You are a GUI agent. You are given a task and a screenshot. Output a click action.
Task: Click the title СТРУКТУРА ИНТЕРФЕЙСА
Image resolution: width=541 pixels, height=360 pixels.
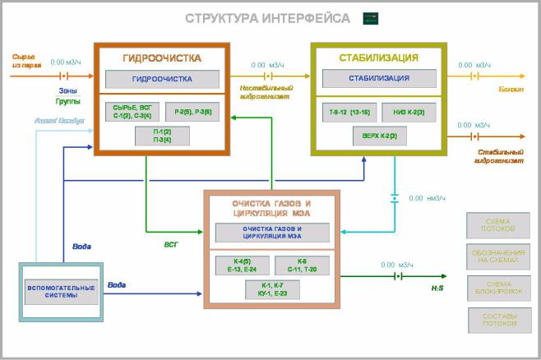click(267, 18)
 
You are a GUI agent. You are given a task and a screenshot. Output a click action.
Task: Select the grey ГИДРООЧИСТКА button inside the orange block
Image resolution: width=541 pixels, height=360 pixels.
click(162, 80)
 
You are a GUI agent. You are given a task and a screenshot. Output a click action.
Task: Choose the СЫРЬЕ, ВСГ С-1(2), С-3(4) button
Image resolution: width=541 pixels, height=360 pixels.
click(133, 111)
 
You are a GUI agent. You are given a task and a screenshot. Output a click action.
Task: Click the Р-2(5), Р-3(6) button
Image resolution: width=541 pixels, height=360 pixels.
click(192, 111)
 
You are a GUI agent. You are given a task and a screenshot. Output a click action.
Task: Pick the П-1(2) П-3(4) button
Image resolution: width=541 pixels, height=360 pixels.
click(161, 136)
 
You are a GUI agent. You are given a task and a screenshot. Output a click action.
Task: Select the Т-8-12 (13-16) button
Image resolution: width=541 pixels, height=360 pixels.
click(349, 111)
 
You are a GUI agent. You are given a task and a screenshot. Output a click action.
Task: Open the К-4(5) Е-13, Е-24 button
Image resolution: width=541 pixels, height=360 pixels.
click(243, 265)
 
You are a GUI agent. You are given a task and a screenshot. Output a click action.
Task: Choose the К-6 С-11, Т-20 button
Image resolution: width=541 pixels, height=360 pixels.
click(302, 265)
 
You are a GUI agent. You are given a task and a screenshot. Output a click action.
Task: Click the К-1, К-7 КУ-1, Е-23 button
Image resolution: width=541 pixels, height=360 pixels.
click(271, 289)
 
